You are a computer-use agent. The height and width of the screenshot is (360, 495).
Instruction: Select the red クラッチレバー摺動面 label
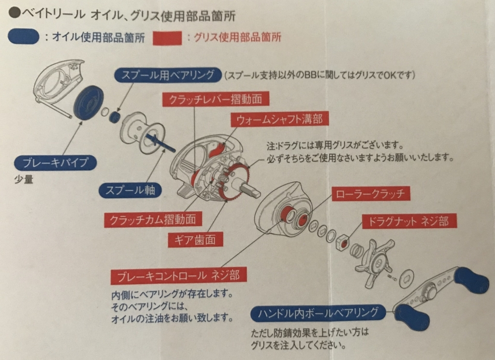pos(216,99)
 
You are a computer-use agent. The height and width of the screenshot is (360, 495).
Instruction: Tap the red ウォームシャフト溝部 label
pos(280,119)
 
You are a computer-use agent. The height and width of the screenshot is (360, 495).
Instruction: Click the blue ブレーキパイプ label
pos(56,162)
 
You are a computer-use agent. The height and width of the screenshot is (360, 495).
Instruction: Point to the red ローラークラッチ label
pos(370,194)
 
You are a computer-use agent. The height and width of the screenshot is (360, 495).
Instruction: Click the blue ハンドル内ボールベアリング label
pos(318,313)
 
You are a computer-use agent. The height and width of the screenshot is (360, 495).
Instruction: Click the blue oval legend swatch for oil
pos(23,37)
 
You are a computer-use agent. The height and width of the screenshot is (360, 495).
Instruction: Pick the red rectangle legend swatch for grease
pos(167,38)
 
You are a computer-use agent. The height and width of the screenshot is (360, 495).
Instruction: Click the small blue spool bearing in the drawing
pos(115,117)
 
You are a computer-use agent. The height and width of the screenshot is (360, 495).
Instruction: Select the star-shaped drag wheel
pos(375,261)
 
